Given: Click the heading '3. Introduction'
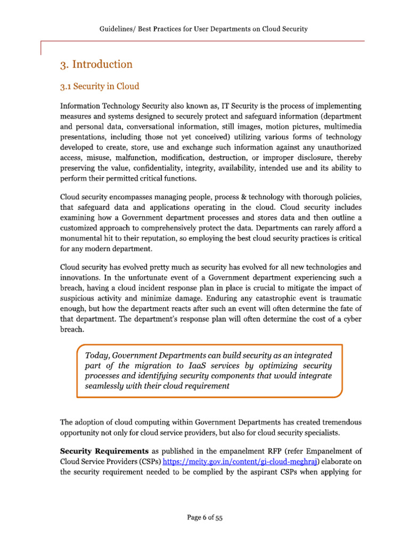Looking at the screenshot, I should click(96, 65).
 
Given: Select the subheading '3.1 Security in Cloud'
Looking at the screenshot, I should click(100, 85).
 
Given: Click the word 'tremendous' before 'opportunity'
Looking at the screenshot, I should click(338, 422).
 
